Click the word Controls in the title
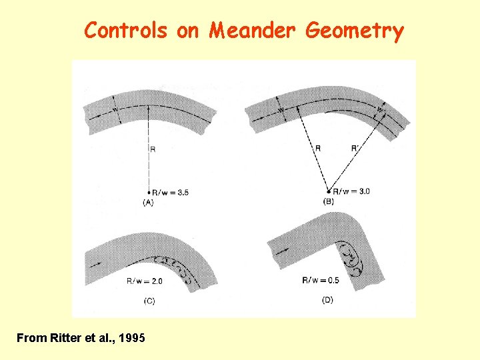126,31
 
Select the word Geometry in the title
355,31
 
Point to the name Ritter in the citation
65,338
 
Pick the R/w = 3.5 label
170,193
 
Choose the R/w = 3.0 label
351,191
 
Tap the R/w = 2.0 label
144,281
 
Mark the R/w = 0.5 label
319,280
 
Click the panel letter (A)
148,203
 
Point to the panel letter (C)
149,301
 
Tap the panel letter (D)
327,300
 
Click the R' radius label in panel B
355,148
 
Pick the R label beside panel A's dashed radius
153,149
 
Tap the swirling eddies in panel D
349,257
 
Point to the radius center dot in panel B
328,191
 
